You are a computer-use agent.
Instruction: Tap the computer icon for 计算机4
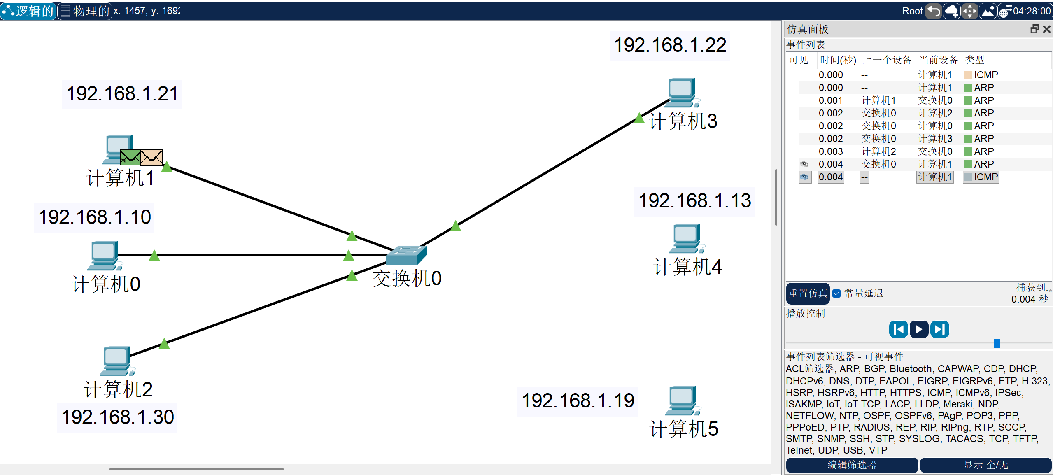click(x=686, y=238)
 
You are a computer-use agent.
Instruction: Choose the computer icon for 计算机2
click(x=116, y=360)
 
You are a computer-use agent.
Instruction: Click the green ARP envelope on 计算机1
click(x=130, y=157)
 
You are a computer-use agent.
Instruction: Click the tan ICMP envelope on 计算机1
click(x=152, y=157)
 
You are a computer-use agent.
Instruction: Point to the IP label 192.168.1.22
click(x=670, y=45)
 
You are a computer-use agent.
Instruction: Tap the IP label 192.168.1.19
click(x=578, y=401)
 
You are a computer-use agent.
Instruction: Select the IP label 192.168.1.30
click(x=117, y=417)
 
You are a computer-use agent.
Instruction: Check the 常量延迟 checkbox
click(x=836, y=293)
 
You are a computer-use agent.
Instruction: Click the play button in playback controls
click(x=919, y=329)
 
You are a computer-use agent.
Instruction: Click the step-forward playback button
click(x=940, y=329)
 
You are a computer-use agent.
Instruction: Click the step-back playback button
click(x=898, y=329)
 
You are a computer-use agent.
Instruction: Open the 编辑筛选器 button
click(x=852, y=465)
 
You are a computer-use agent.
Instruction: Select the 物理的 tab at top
click(x=85, y=11)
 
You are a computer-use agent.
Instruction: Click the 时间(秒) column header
click(x=838, y=60)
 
